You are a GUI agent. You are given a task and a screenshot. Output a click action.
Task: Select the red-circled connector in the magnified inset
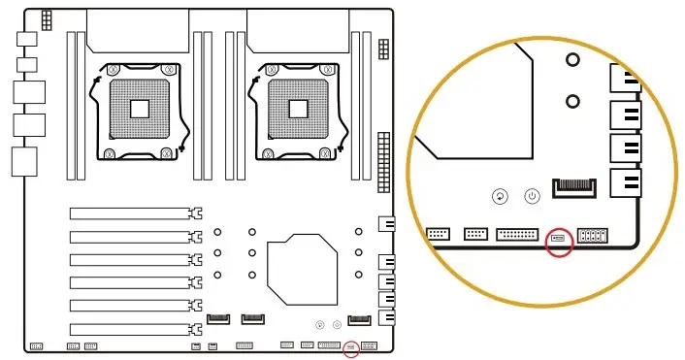pyautogui.click(x=560, y=237)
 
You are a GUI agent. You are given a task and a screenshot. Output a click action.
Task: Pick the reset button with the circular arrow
pyautogui.click(x=500, y=196)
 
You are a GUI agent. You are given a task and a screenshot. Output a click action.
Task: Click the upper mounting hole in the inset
pyautogui.click(x=573, y=60)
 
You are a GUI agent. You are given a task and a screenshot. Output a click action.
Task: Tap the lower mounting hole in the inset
pyautogui.click(x=573, y=100)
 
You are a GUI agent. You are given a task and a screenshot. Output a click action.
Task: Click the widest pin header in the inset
pyautogui.click(x=517, y=234)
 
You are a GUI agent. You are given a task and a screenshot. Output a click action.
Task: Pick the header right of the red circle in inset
pyautogui.click(x=592, y=235)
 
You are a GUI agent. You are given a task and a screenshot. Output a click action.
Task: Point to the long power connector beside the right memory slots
pyautogui.click(x=388, y=156)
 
